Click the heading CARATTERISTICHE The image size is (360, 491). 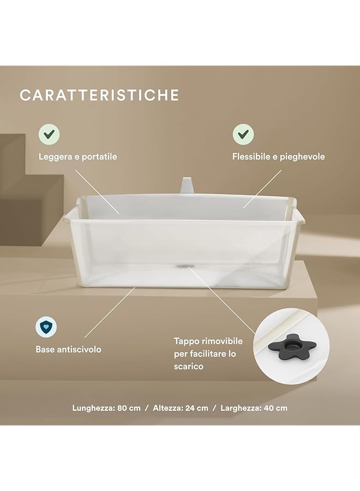coord(99,95)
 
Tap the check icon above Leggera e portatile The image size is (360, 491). coord(49,134)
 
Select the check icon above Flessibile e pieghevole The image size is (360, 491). coord(242,134)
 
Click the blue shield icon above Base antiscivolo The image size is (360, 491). coord(46,327)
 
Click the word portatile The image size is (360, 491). coord(99,157)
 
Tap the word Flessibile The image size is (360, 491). coord(251,157)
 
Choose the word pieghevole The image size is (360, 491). coord(302,157)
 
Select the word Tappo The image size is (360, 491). coord(187,341)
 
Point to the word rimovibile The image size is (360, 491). coord(220,341)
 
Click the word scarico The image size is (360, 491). coord(189,367)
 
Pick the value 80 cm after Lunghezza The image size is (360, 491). coord(129,408)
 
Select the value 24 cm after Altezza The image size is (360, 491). coord(197,408)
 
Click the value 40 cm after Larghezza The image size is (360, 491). coord(276,408)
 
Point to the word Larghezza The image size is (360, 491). coord(242,408)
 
